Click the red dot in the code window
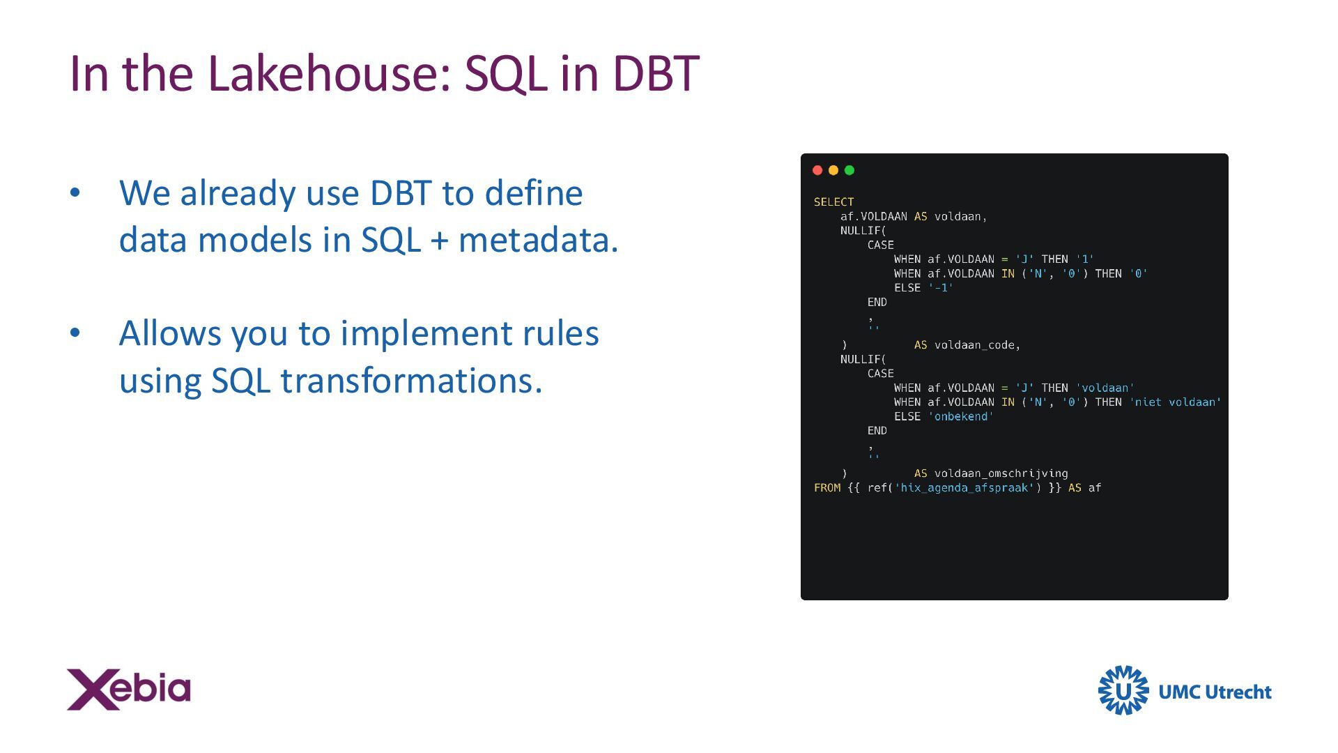pyautogui.click(x=817, y=170)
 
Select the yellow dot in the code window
pyautogui.click(x=833, y=170)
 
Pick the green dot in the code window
pyautogui.click(x=849, y=170)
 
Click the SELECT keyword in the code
pyautogui.click(x=833, y=202)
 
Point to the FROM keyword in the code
pyautogui.click(x=827, y=488)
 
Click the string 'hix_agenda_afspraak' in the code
pyautogui.click(x=964, y=488)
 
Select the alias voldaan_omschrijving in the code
pyautogui.click(x=1001, y=473)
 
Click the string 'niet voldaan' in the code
pyautogui.click(x=1175, y=402)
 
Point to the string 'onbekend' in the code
pyautogui.click(x=961, y=417)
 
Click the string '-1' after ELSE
pyautogui.click(x=941, y=288)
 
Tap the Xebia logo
pyautogui.click(x=128, y=690)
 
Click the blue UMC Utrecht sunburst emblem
pyautogui.click(x=1123, y=690)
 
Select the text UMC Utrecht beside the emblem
pyautogui.click(x=1215, y=692)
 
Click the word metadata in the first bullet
pyautogui.click(x=538, y=240)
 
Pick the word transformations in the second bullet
pyautogui.click(x=411, y=381)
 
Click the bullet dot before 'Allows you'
pyautogui.click(x=75, y=333)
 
